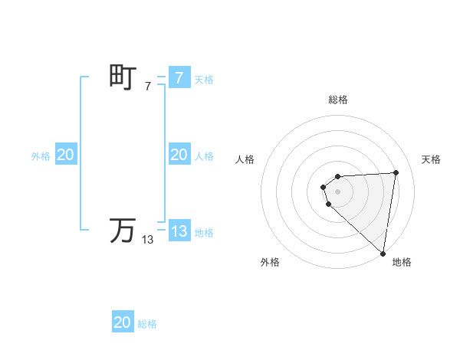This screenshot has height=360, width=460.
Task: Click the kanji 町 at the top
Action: [x=123, y=77]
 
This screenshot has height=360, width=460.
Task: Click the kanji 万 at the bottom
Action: [x=123, y=231]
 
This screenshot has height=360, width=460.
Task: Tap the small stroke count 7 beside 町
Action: [x=148, y=87]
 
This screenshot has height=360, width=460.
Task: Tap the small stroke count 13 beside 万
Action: [x=148, y=240]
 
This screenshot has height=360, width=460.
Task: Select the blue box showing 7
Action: [x=179, y=78]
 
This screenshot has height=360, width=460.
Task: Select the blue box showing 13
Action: [x=179, y=231]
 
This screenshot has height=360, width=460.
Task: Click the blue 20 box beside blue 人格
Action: [x=179, y=155]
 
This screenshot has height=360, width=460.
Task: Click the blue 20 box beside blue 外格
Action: [x=65, y=155]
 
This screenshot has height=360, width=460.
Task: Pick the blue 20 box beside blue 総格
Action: [x=123, y=322]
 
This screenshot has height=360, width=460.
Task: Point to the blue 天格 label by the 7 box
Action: [x=204, y=80]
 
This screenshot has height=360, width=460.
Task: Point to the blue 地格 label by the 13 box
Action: [x=204, y=233]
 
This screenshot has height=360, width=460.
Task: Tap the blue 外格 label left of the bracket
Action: [x=41, y=156]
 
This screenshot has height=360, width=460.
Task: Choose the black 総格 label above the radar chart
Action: [x=338, y=100]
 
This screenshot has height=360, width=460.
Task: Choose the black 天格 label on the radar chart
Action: [x=431, y=159]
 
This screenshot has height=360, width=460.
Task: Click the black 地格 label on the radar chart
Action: [x=402, y=263]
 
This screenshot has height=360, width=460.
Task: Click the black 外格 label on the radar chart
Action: [x=270, y=263]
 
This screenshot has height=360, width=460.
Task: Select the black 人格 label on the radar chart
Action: [x=245, y=159]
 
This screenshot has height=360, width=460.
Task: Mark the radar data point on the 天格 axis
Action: [x=396, y=172]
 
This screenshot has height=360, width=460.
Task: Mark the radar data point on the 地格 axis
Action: [x=383, y=254]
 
